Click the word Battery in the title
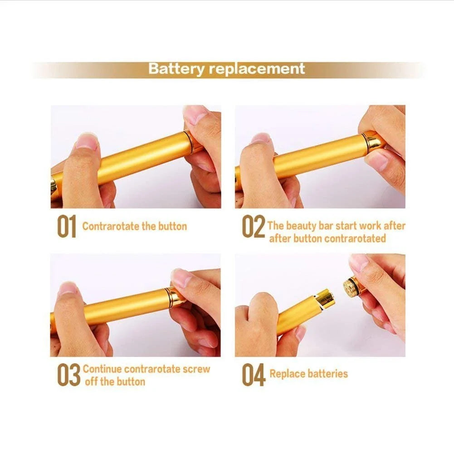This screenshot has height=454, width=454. pyautogui.click(x=176, y=69)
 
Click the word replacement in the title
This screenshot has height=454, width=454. pyautogui.click(x=257, y=69)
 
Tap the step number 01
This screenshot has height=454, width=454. pyautogui.click(x=66, y=227)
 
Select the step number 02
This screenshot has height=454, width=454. pyautogui.click(x=253, y=227)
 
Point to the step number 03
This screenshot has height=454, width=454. pyautogui.click(x=68, y=375)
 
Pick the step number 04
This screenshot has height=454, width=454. pyautogui.click(x=253, y=375)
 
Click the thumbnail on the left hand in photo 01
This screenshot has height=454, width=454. pyautogui.click(x=86, y=142)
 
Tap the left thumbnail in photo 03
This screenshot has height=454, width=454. pyautogui.click(x=68, y=289)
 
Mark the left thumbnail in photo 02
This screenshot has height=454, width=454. pyautogui.click(x=261, y=138)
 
